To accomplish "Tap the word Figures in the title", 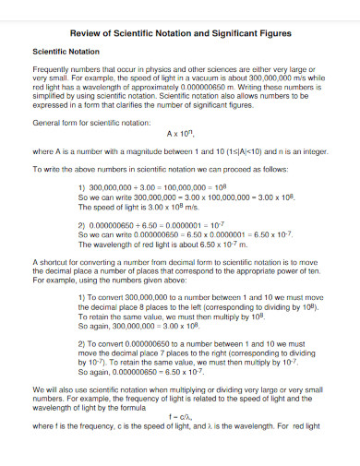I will tap(274, 32).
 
